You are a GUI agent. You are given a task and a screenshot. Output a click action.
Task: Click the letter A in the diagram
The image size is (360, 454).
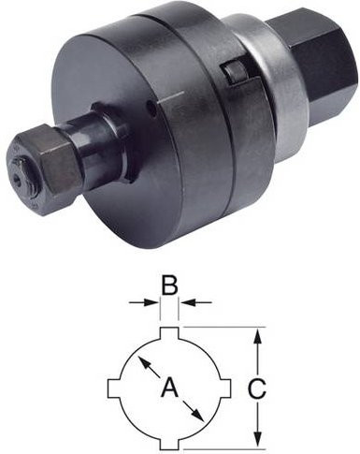point(169,387)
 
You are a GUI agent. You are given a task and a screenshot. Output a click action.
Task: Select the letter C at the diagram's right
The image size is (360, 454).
point(257,388)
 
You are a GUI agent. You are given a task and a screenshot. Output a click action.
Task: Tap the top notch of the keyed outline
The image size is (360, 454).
point(169,333)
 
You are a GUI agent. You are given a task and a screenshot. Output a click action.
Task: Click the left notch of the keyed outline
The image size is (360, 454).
point(114,388)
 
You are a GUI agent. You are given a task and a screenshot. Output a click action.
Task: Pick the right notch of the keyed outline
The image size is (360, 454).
point(224,388)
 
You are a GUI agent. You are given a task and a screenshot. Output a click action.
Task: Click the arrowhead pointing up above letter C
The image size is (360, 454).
point(257,336)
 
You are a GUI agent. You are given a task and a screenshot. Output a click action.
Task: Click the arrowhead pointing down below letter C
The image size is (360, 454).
point(257,439)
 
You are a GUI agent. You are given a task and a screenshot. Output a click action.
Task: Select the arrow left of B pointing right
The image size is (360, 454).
point(143,301)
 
